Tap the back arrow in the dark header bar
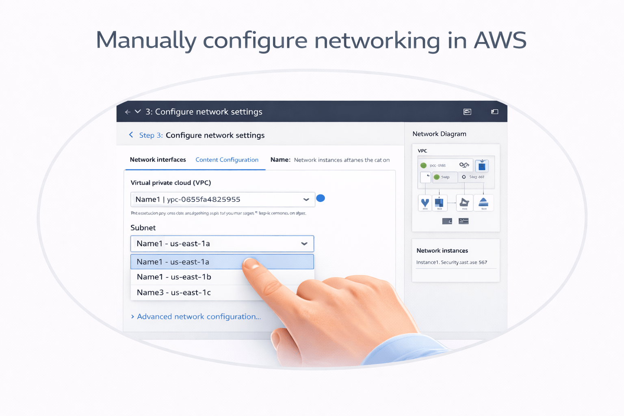click(x=128, y=112)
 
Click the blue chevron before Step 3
click(x=131, y=135)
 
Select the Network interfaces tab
click(x=158, y=160)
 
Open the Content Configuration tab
click(x=227, y=160)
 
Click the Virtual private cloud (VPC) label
click(x=171, y=183)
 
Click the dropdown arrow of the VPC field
click(x=306, y=199)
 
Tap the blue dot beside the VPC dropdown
click(x=321, y=198)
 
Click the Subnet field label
click(x=143, y=228)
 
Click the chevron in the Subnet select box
click(x=304, y=244)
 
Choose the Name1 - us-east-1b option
click(x=174, y=277)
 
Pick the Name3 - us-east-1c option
click(x=174, y=292)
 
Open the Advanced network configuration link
click(x=199, y=316)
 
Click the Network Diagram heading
click(x=439, y=134)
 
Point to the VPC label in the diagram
click(x=422, y=151)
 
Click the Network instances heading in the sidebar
click(x=442, y=251)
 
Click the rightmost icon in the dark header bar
click(x=494, y=112)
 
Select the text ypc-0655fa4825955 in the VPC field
click(x=204, y=199)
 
